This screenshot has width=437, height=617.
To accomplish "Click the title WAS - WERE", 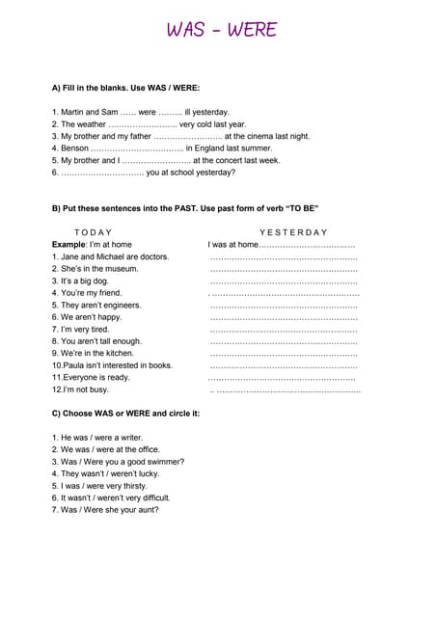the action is [221, 30].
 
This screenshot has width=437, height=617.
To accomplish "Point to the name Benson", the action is [74, 148].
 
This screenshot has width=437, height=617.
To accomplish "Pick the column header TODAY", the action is [93, 232].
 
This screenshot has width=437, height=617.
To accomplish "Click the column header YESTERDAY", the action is [294, 232].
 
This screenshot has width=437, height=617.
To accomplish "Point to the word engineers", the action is [120, 305].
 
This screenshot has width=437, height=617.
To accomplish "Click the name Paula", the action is [77, 365].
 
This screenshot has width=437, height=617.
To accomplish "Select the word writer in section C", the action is [128, 438].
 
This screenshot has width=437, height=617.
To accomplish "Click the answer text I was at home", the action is [232, 245].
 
